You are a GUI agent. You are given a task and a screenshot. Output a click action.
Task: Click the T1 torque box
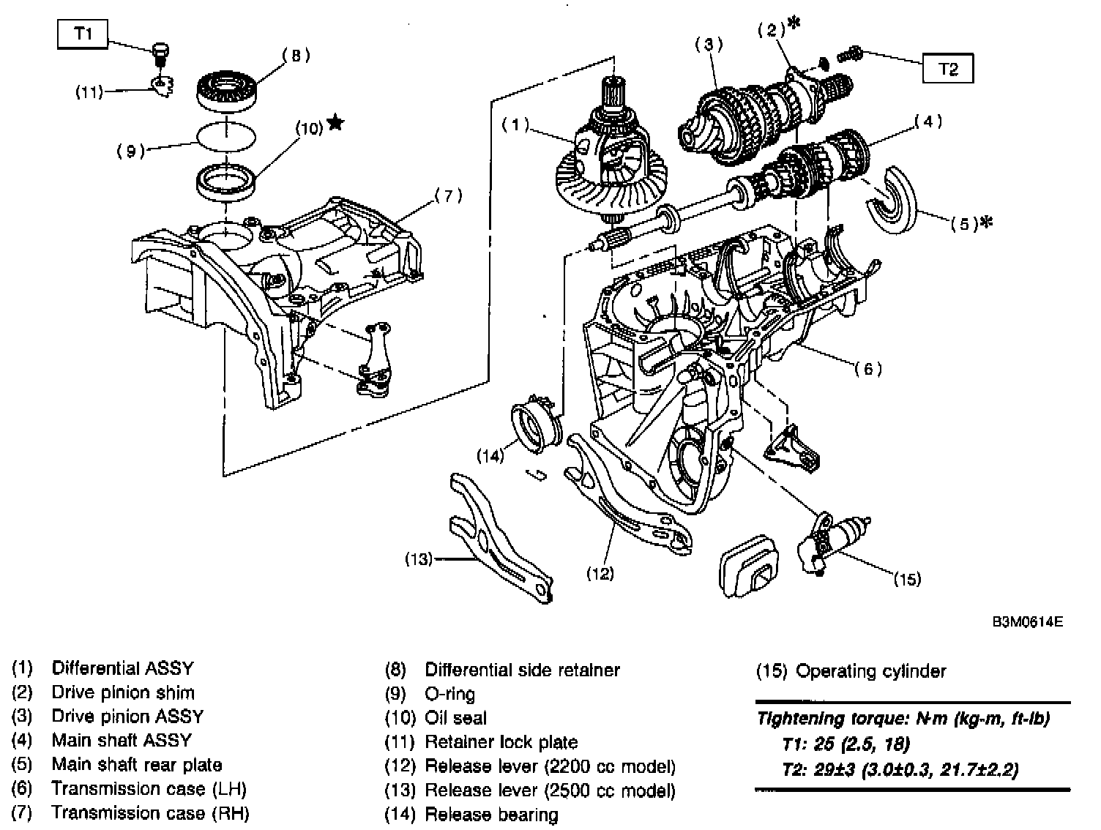coord(83,34)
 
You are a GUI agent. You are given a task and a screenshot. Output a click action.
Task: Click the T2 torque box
coord(947,68)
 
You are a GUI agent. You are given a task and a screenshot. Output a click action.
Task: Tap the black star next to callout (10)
coord(335,122)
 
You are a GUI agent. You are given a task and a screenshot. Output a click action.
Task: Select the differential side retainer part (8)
coord(227,89)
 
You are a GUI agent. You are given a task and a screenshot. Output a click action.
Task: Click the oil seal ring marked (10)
coord(225,182)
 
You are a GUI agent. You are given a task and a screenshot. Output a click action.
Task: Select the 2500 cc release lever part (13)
coord(499,536)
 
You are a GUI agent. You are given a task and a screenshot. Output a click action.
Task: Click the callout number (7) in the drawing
coord(448,195)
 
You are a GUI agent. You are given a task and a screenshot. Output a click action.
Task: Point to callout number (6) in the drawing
coord(868,369)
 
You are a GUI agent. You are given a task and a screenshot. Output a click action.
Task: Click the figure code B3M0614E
coord(1028,622)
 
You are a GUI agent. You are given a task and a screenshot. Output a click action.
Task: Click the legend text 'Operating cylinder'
coord(870,671)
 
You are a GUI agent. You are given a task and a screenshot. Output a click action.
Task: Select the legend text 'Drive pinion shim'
coord(123,692)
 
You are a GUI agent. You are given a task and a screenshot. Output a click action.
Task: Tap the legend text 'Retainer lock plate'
coord(501,741)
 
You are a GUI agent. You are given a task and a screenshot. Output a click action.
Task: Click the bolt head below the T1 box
coord(160,50)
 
